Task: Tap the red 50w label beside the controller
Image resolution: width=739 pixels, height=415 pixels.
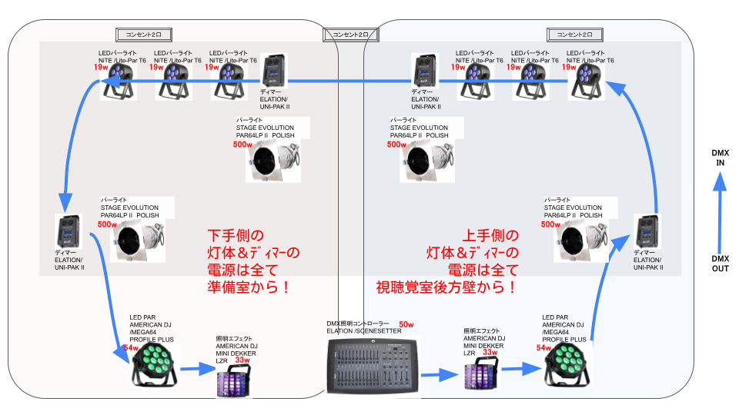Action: click(406, 324)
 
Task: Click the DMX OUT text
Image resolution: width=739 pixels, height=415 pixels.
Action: click(720, 263)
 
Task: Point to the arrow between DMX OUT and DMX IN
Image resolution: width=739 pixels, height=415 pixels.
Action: click(720, 211)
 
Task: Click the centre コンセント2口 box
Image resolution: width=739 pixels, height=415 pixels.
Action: click(351, 35)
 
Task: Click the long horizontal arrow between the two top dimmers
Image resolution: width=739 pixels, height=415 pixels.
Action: click(346, 79)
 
